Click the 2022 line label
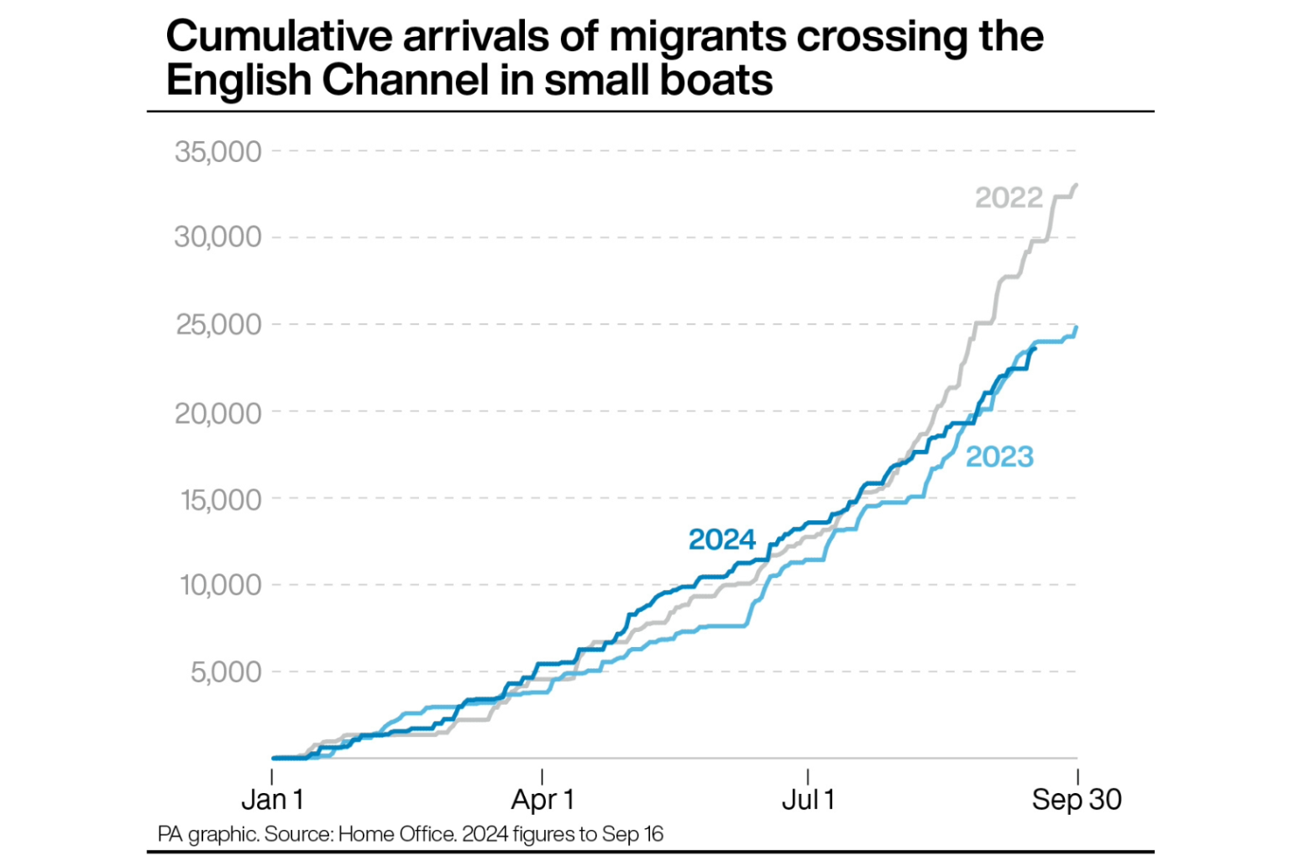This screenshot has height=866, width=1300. (x=1008, y=198)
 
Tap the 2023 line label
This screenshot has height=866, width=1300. (x=999, y=456)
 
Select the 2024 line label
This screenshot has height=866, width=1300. (x=721, y=539)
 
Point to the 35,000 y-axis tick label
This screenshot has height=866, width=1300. (x=218, y=152)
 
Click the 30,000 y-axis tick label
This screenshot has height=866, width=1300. (x=218, y=237)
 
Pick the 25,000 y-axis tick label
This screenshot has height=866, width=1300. (x=218, y=325)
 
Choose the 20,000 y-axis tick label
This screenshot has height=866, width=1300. (x=218, y=413)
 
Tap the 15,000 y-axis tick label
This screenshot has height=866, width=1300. (x=221, y=499)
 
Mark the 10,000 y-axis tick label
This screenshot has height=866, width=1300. (x=221, y=585)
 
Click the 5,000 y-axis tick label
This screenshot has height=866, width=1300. (x=226, y=672)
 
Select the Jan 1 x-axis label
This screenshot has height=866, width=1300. (x=272, y=800)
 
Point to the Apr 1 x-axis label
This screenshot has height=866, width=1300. (x=543, y=800)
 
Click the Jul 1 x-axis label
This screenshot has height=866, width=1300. (x=808, y=800)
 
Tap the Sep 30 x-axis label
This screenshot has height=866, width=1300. (x=1077, y=800)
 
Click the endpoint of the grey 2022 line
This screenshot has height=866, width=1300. (x=1077, y=185)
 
